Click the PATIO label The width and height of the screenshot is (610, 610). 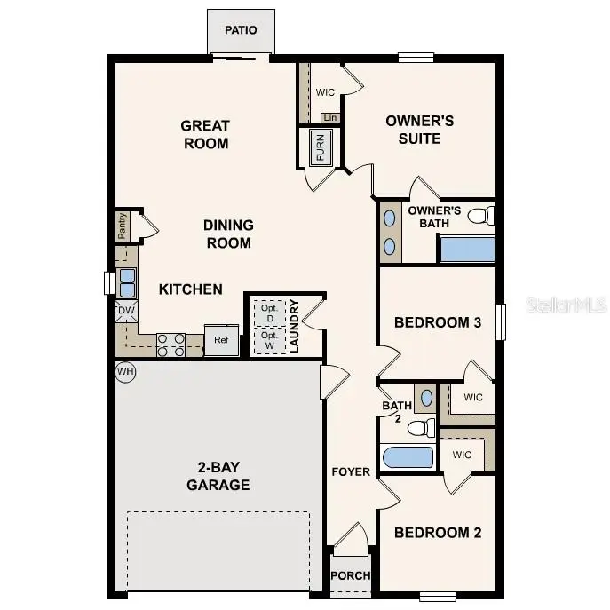click(241, 30)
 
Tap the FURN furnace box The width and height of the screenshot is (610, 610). click(320, 147)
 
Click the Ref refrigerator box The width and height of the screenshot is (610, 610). click(221, 340)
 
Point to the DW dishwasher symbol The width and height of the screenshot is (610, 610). click(125, 311)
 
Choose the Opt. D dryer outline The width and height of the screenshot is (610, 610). click(267, 313)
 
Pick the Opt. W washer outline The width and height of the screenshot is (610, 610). click(267, 340)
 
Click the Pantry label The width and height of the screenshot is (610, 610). click(123, 226)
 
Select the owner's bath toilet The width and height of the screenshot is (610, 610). click(479, 215)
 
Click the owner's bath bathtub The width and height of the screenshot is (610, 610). click(466, 249)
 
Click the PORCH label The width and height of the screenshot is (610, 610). click(351, 575)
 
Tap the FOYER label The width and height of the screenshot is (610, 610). click(351, 471)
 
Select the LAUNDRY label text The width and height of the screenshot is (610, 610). click(294, 326)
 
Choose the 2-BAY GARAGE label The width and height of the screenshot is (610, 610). click(218, 476)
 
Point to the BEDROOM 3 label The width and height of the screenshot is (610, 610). click(438, 322)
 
